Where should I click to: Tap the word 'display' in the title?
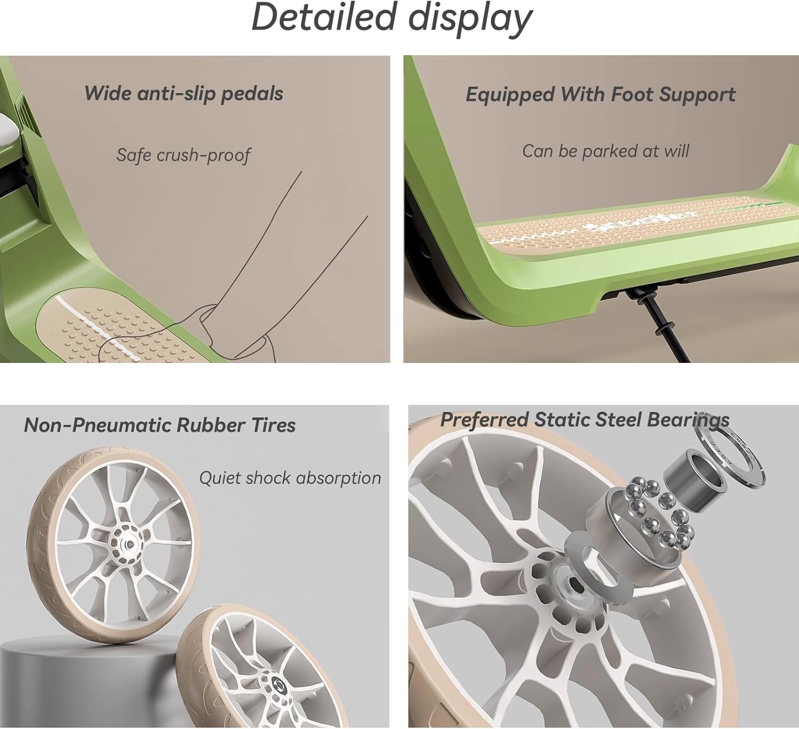[x=470, y=20]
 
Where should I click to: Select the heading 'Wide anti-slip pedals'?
[x=184, y=94]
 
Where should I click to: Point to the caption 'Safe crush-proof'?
[x=184, y=155]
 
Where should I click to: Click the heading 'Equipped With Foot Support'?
[x=601, y=95]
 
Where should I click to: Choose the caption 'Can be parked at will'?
[x=606, y=151]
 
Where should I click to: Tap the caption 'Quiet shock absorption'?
[x=290, y=478]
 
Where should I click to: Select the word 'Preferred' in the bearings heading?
[x=484, y=420]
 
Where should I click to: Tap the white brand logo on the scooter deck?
[x=642, y=221]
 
